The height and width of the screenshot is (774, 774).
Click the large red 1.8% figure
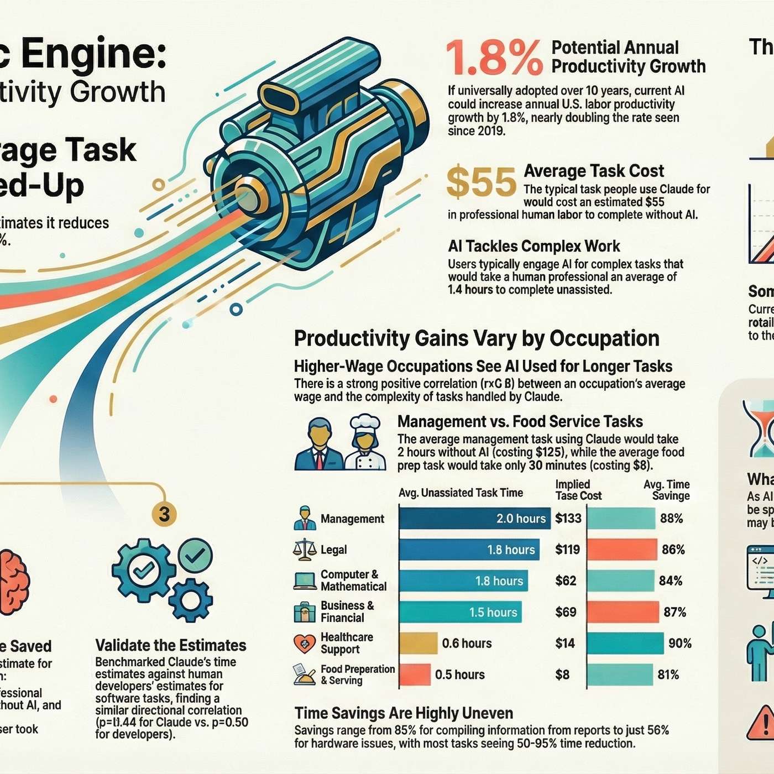[x=494, y=57]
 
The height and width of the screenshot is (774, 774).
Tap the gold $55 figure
[x=481, y=182]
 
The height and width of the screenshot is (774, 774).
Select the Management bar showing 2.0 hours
[x=474, y=519]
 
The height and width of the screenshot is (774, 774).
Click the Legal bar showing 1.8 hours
[x=469, y=550]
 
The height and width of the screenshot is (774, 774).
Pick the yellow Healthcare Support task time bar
[x=418, y=643]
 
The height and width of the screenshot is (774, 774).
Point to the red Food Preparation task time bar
[x=415, y=674]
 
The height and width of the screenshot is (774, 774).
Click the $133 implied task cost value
[x=568, y=519]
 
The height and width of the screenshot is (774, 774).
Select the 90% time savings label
[x=679, y=643]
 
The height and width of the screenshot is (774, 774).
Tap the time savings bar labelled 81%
[x=620, y=674]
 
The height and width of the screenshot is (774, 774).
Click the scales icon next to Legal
[x=305, y=549]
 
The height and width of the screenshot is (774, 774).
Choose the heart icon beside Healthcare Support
[x=304, y=643]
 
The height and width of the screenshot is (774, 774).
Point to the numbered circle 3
[x=164, y=514]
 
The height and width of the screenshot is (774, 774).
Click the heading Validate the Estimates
[x=171, y=645]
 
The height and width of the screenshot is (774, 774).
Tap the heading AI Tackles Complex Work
[x=534, y=246]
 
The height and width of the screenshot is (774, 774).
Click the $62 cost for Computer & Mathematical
[x=566, y=580]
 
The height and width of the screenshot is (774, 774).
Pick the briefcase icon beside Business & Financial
[x=305, y=612]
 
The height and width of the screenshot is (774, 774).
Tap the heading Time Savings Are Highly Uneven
[x=404, y=713]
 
